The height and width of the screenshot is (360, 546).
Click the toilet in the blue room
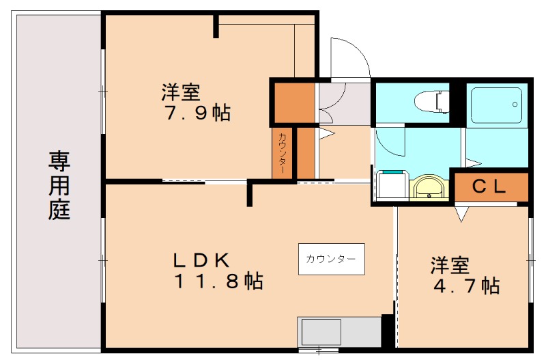[x=427, y=102]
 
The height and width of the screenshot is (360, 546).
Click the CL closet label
[x=489, y=186]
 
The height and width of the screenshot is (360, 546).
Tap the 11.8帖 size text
[x=217, y=281]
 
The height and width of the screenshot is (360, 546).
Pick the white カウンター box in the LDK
[x=331, y=259]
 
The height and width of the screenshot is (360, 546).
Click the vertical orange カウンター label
[x=282, y=154]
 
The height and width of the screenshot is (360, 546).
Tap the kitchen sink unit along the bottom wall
[x=339, y=333]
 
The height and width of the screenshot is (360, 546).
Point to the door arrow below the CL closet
[x=462, y=213]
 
